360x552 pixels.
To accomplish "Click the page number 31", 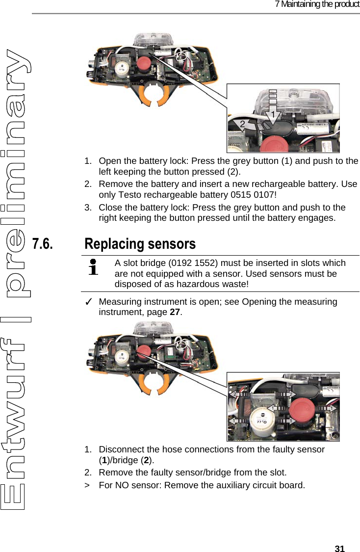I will (x=339, y=549).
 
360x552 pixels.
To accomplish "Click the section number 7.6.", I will (x=42, y=244).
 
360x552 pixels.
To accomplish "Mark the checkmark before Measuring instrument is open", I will (x=88, y=302).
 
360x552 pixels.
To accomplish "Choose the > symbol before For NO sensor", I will (x=87, y=485).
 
